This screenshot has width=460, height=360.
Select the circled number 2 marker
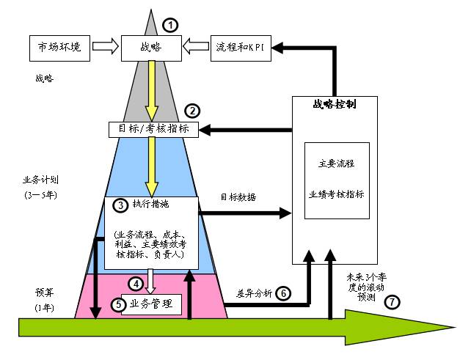pos(192,111)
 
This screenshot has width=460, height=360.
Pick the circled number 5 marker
pos(118,305)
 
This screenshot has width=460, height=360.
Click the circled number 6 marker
pos(282,293)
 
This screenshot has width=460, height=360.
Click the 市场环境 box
pos(60,48)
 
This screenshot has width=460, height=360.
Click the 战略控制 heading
pos(335,105)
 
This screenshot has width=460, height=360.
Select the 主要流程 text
pos(336,164)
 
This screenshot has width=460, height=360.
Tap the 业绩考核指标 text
pos(336,194)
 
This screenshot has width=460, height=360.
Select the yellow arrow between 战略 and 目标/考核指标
pos(151,90)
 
